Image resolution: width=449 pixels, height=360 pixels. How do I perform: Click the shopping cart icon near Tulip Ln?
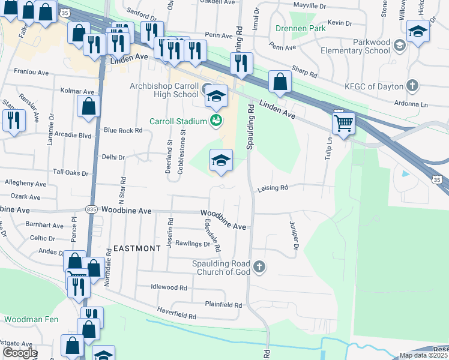[343, 123]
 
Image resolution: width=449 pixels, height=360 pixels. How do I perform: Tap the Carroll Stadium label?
[178, 121]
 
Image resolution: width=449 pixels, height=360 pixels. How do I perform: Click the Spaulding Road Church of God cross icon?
[259, 267]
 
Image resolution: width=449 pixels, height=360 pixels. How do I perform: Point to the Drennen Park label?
[300, 28]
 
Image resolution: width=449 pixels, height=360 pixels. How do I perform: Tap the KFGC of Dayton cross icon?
[412, 85]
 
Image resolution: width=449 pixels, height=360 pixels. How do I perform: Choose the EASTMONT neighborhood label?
[137, 248]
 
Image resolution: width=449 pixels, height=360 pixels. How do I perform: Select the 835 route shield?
[91, 209]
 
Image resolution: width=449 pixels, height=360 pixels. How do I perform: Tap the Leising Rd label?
[273, 188]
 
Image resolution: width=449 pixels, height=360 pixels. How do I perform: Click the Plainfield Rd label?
[223, 305]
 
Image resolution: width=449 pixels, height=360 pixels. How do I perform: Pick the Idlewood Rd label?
[169, 287]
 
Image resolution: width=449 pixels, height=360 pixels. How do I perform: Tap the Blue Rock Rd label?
[123, 130]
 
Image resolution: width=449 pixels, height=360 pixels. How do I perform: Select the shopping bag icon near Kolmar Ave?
[88, 107]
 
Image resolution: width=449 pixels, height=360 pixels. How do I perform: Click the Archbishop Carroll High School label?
[164, 90]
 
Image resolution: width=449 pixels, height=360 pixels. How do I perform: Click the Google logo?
[19, 353]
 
